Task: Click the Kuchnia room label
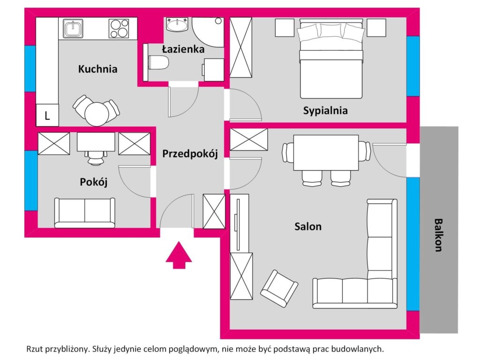[x=97, y=69]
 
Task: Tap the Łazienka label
[x=183, y=49]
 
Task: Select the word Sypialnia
[x=325, y=111]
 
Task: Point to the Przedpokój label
[x=190, y=153]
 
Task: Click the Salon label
[x=308, y=226]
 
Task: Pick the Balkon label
[x=439, y=235]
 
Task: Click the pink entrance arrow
[x=179, y=255]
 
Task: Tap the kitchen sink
[x=73, y=29]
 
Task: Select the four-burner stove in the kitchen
[x=119, y=29]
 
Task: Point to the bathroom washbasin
[x=177, y=24]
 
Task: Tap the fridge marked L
[x=47, y=115]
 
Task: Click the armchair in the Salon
[x=279, y=288]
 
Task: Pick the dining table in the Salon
[x=326, y=153]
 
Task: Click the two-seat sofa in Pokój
[x=85, y=213]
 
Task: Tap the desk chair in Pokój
[x=96, y=157]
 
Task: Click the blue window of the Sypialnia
[x=413, y=66]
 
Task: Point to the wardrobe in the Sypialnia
[x=241, y=47]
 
